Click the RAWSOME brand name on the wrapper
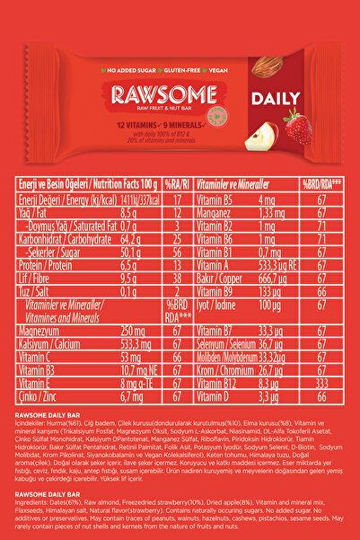pyautogui.click(x=155, y=94)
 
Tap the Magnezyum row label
pyautogui.click(x=41, y=330)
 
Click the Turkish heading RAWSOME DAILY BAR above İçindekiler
pyautogui.click(x=57, y=412)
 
